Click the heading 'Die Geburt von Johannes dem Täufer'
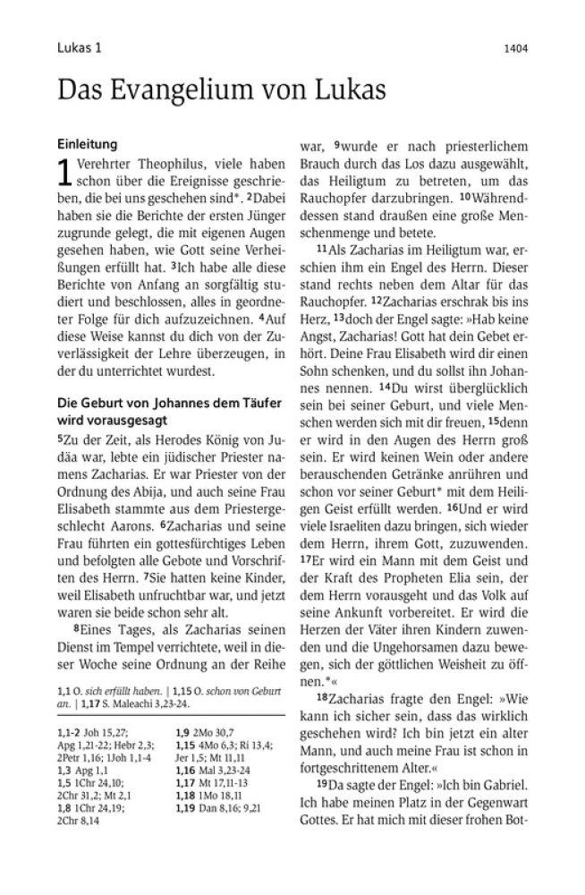[167, 403]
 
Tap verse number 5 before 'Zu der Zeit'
[60, 440]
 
